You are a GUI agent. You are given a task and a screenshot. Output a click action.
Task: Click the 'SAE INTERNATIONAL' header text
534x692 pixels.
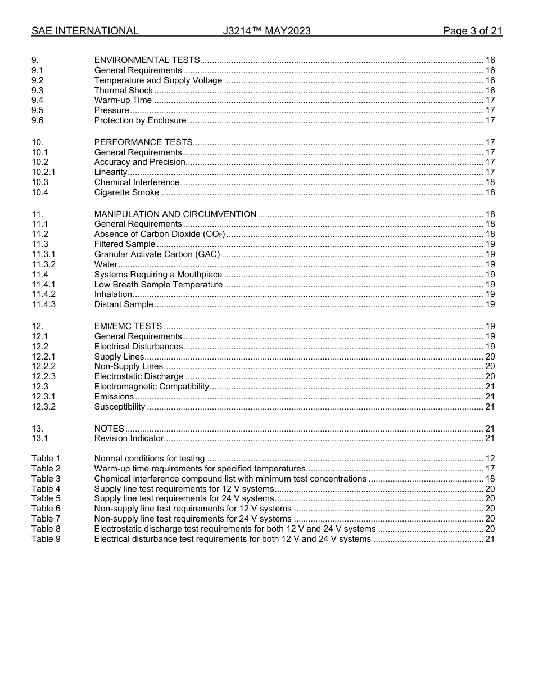click(x=85, y=31)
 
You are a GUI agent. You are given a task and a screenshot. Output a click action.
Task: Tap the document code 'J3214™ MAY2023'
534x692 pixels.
click(x=266, y=31)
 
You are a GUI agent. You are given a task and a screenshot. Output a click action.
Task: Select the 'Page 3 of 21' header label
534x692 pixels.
click(x=472, y=31)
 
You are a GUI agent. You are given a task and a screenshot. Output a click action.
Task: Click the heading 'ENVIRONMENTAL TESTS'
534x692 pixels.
click(x=147, y=60)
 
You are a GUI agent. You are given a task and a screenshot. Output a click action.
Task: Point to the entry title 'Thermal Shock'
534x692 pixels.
click(x=123, y=91)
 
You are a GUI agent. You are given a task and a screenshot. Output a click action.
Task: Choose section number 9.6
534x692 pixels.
click(x=38, y=120)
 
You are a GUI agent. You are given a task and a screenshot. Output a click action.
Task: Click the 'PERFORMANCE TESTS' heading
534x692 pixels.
click(x=143, y=142)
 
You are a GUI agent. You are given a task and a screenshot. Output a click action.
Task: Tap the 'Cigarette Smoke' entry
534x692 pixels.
click(x=126, y=193)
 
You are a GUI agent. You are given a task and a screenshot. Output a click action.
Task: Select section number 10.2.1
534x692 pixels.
click(x=43, y=172)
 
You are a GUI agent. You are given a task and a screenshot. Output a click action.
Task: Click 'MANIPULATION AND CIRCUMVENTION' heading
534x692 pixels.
click(x=175, y=214)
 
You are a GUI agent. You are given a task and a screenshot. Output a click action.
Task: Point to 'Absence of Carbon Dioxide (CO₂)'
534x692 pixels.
click(x=159, y=234)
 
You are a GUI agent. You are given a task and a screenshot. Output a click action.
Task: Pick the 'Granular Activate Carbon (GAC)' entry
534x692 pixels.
click(x=157, y=254)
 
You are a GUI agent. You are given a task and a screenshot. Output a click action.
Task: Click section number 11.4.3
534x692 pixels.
click(x=43, y=304)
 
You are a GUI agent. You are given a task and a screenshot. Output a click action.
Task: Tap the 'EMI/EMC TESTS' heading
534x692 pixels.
click(x=128, y=326)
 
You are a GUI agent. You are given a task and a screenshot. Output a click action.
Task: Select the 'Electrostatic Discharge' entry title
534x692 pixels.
click(x=139, y=376)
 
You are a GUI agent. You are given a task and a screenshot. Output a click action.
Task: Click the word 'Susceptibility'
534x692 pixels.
click(x=120, y=407)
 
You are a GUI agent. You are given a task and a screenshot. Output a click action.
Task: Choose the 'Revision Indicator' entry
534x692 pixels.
click(x=129, y=438)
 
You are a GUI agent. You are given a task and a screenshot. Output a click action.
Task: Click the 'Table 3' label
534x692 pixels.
click(x=46, y=479)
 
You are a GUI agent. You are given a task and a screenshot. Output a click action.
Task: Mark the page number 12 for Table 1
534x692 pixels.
click(x=490, y=459)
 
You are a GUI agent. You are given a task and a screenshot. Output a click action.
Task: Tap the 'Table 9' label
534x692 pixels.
click(x=46, y=539)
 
